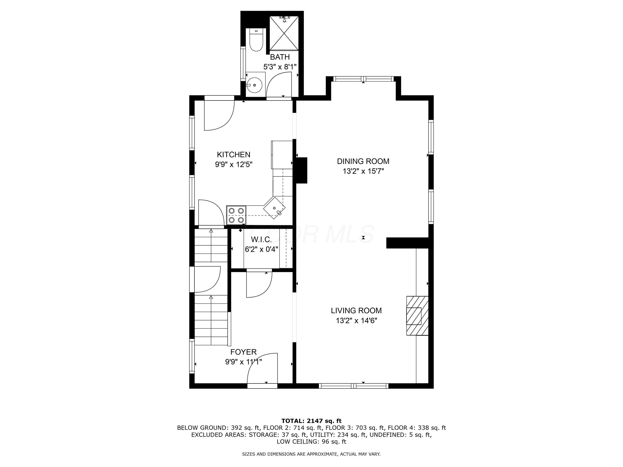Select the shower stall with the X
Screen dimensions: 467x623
(x=284, y=33)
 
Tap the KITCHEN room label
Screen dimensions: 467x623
(x=233, y=155)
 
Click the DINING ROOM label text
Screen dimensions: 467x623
(x=363, y=161)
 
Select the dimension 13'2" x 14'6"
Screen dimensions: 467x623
(x=356, y=321)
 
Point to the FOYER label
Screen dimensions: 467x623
(x=243, y=352)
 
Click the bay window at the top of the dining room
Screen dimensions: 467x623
(x=363, y=79)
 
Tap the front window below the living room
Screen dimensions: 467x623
(x=353, y=386)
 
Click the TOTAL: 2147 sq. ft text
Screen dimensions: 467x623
(x=311, y=421)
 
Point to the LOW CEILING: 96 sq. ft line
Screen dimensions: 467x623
(x=311, y=442)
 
